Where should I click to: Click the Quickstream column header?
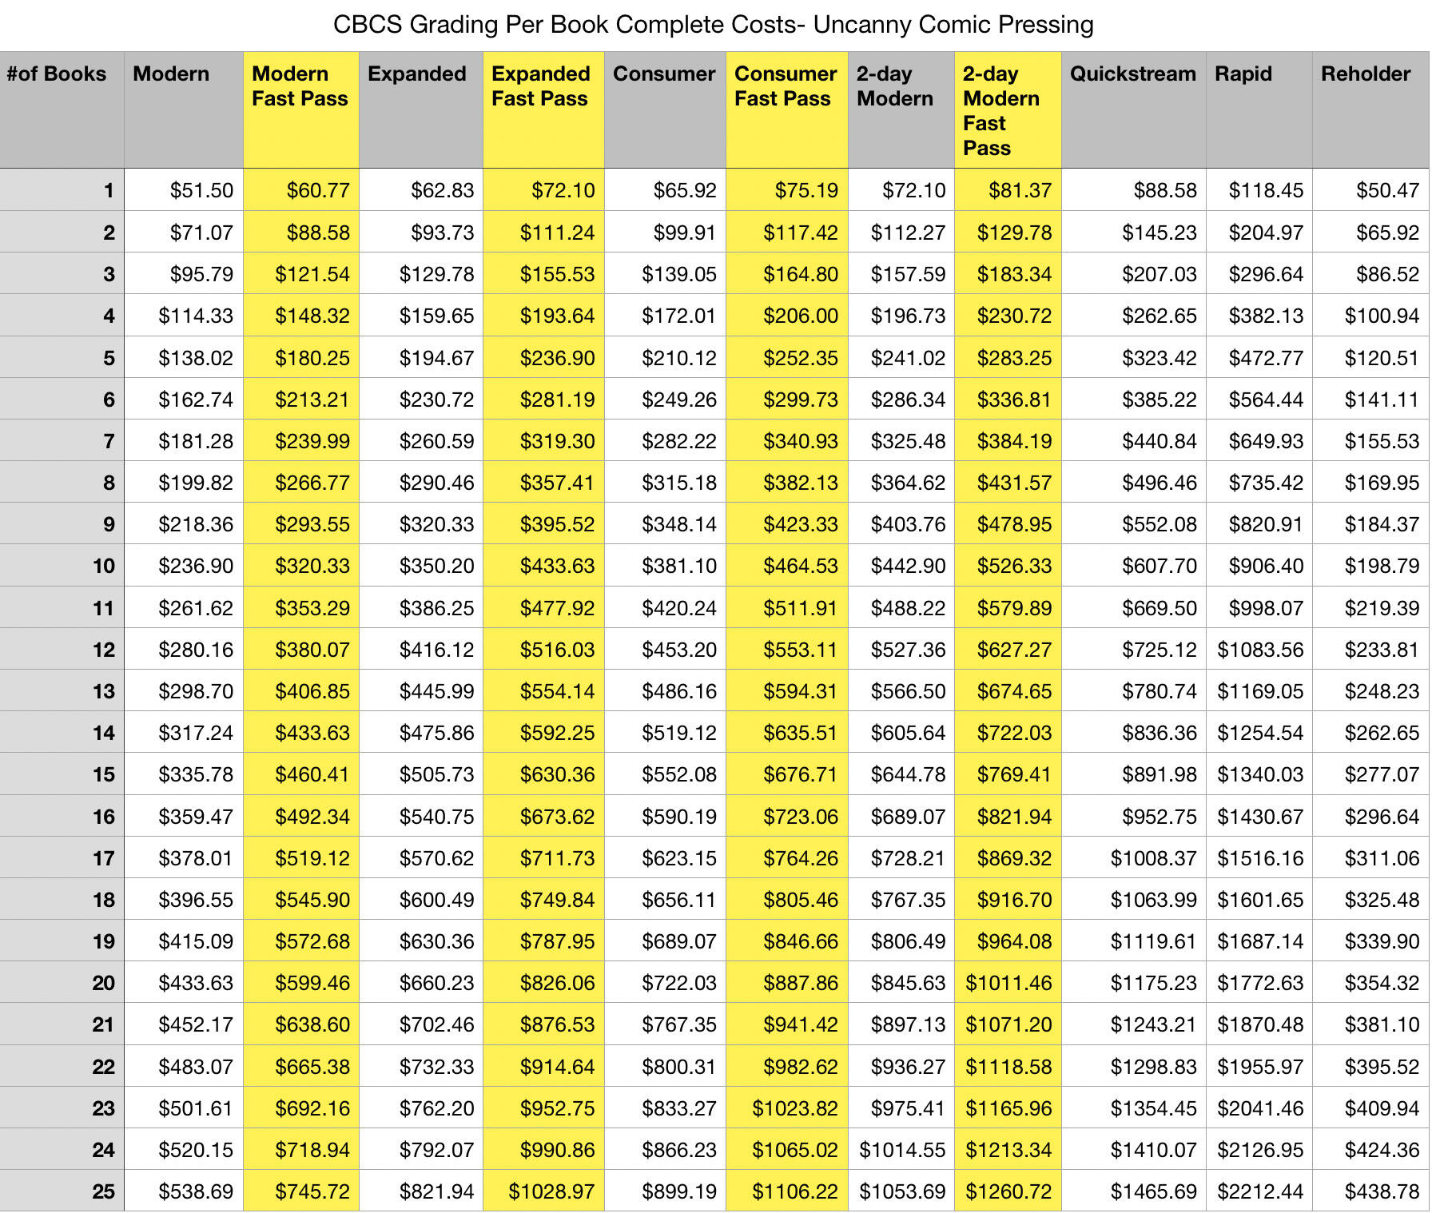tap(1132, 74)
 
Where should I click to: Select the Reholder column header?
tap(1366, 74)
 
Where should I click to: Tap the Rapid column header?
tap(1243, 74)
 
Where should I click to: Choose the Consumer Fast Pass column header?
tap(786, 86)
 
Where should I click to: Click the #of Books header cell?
tap(57, 74)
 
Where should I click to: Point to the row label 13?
tap(103, 691)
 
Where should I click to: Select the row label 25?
tap(103, 1191)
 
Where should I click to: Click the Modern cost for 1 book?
tap(201, 191)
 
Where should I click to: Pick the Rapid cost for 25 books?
tap(1260, 1191)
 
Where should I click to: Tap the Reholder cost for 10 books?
tap(1382, 567)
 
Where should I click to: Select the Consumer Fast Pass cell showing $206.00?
tap(801, 316)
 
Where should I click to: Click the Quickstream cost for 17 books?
tap(1153, 858)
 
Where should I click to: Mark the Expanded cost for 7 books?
tap(436, 441)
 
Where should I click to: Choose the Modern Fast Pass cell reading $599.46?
tap(312, 983)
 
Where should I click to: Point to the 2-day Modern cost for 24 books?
tap(902, 1150)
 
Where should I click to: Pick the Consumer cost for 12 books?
tap(679, 650)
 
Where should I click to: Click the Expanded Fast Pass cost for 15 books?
tap(557, 774)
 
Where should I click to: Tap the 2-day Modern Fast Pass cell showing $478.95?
tap(1014, 525)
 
